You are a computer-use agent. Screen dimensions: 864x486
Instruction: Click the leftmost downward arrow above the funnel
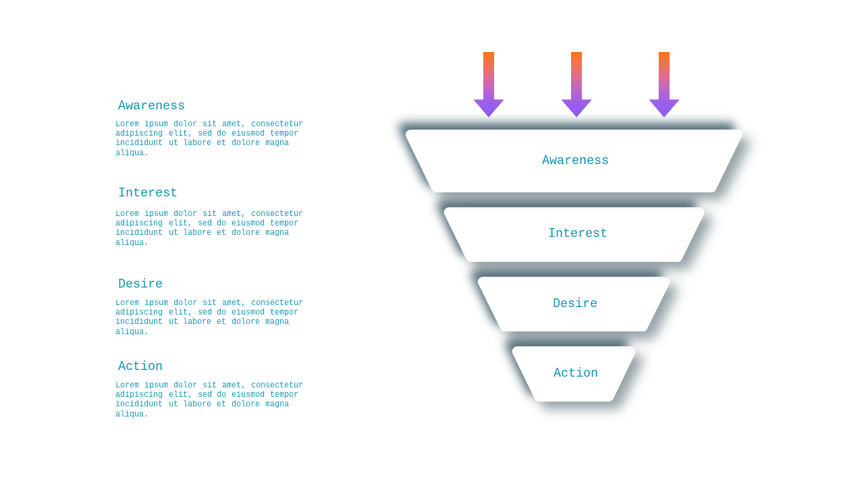489,84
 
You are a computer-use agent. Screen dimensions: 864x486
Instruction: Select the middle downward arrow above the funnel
576,84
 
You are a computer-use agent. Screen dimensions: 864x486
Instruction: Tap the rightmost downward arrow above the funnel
664,84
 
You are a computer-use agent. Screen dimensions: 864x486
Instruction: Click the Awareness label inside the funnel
575,160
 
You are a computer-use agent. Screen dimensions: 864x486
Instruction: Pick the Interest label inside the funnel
578,233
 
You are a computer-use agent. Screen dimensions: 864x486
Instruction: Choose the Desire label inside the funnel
575,303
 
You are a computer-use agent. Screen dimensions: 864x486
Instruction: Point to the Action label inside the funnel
576,373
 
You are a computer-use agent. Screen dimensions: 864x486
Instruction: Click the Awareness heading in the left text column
151,105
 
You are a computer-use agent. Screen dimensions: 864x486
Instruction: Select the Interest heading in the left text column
147,192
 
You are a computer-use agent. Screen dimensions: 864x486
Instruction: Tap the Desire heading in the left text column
140,283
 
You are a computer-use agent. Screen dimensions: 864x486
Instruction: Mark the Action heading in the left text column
140,366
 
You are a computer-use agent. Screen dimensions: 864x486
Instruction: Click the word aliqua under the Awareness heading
132,153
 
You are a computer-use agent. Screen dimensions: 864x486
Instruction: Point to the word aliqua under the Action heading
132,414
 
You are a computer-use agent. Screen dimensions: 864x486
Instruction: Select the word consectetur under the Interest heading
277,213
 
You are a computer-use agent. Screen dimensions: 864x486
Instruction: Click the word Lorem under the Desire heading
128,302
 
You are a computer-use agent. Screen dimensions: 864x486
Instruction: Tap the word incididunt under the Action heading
139,404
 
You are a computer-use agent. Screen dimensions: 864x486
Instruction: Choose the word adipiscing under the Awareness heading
139,134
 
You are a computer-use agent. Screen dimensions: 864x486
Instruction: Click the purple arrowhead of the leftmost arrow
489,107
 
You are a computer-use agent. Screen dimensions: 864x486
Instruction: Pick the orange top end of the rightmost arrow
664,55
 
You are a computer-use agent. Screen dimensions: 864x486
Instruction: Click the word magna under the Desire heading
277,322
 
